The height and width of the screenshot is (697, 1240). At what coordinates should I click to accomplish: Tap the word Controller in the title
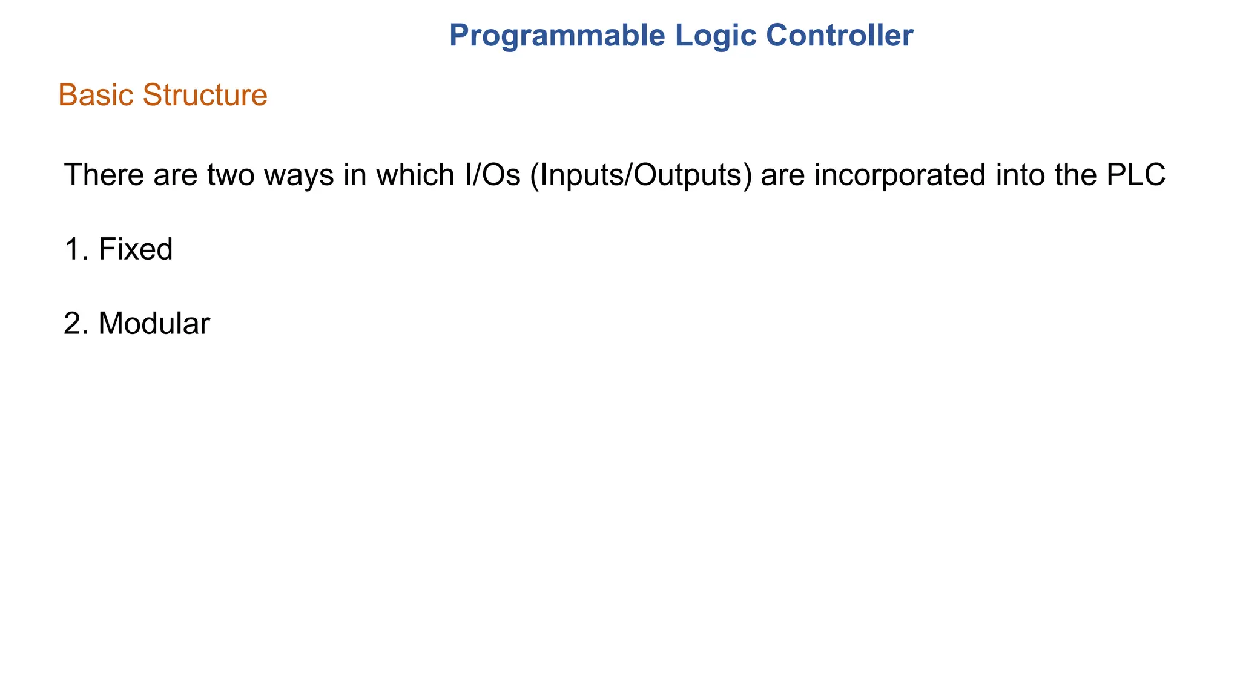click(x=840, y=36)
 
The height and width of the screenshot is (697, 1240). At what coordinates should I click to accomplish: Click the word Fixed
click(x=136, y=249)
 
